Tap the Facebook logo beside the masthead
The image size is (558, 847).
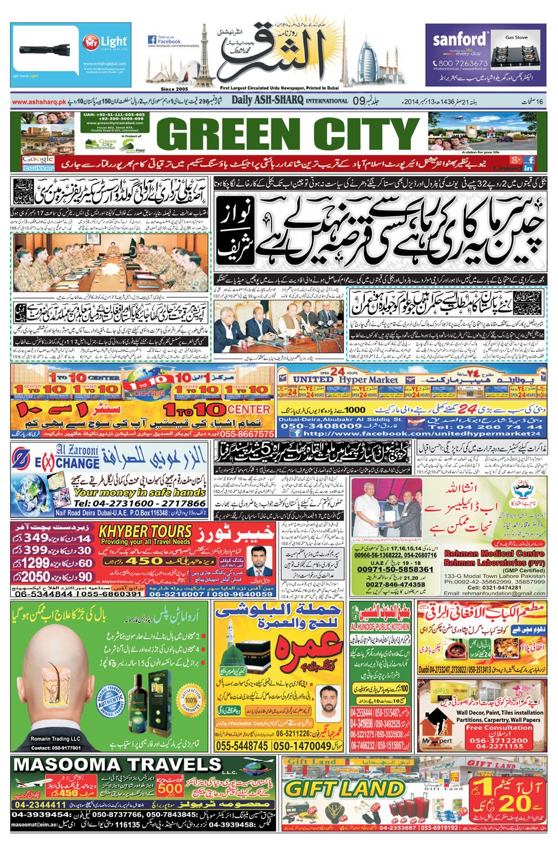pos(152,40)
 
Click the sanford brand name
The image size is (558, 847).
pos(459,39)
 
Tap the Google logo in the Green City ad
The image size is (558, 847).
pos(38,160)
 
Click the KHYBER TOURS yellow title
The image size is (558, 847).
pos(145,531)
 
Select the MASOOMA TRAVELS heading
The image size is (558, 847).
pos(117,765)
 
